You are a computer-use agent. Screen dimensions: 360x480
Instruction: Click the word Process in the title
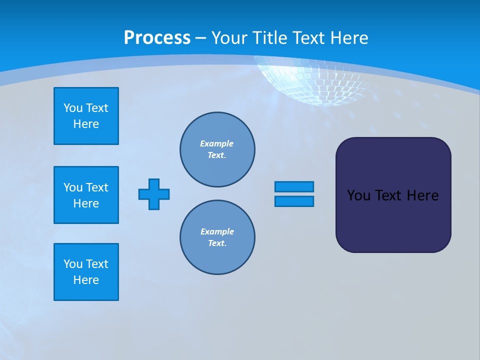[x=157, y=38]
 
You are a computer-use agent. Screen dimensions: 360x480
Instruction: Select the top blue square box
[x=86, y=116]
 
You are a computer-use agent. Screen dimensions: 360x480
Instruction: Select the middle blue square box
[x=86, y=195]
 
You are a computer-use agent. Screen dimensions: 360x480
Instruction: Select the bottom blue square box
[x=86, y=272]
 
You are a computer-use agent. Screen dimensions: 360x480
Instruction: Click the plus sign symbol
[x=154, y=194]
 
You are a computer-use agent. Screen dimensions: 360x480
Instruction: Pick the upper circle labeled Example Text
[x=217, y=149]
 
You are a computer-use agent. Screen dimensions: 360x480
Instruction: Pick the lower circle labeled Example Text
[x=217, y=237]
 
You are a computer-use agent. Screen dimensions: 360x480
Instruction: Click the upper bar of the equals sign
[x=294, y=186]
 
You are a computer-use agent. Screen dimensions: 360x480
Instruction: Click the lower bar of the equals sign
[x=294, y=201]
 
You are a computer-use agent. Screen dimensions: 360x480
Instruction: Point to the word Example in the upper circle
[x=216, y=143]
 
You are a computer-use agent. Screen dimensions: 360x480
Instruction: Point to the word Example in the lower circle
[x=217, y=231]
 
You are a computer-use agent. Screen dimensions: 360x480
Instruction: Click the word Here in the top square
[x=86, y=124]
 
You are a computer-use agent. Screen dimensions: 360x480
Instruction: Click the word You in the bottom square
[x=73, y=264]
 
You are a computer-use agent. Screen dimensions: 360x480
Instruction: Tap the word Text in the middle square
[x=97, y=187]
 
